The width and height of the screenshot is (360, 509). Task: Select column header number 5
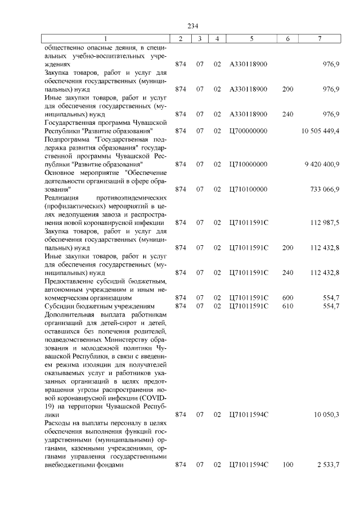click(251, 38)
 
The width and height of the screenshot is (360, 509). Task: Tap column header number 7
click(319, 38)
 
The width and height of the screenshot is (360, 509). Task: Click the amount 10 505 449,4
click(320, 130)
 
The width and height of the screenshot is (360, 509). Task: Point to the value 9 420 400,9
click(322, 164)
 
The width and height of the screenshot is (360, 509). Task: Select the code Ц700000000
click(249, 130)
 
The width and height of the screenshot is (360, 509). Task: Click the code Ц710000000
click(249, 164)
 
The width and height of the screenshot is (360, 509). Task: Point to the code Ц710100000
click(249, 190)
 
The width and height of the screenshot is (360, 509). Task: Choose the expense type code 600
click(287, 297)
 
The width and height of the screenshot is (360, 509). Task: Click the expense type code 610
click(287, 305)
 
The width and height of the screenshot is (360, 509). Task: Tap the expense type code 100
click(287, 465)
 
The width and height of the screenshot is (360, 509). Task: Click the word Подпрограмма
click(67, 139)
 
